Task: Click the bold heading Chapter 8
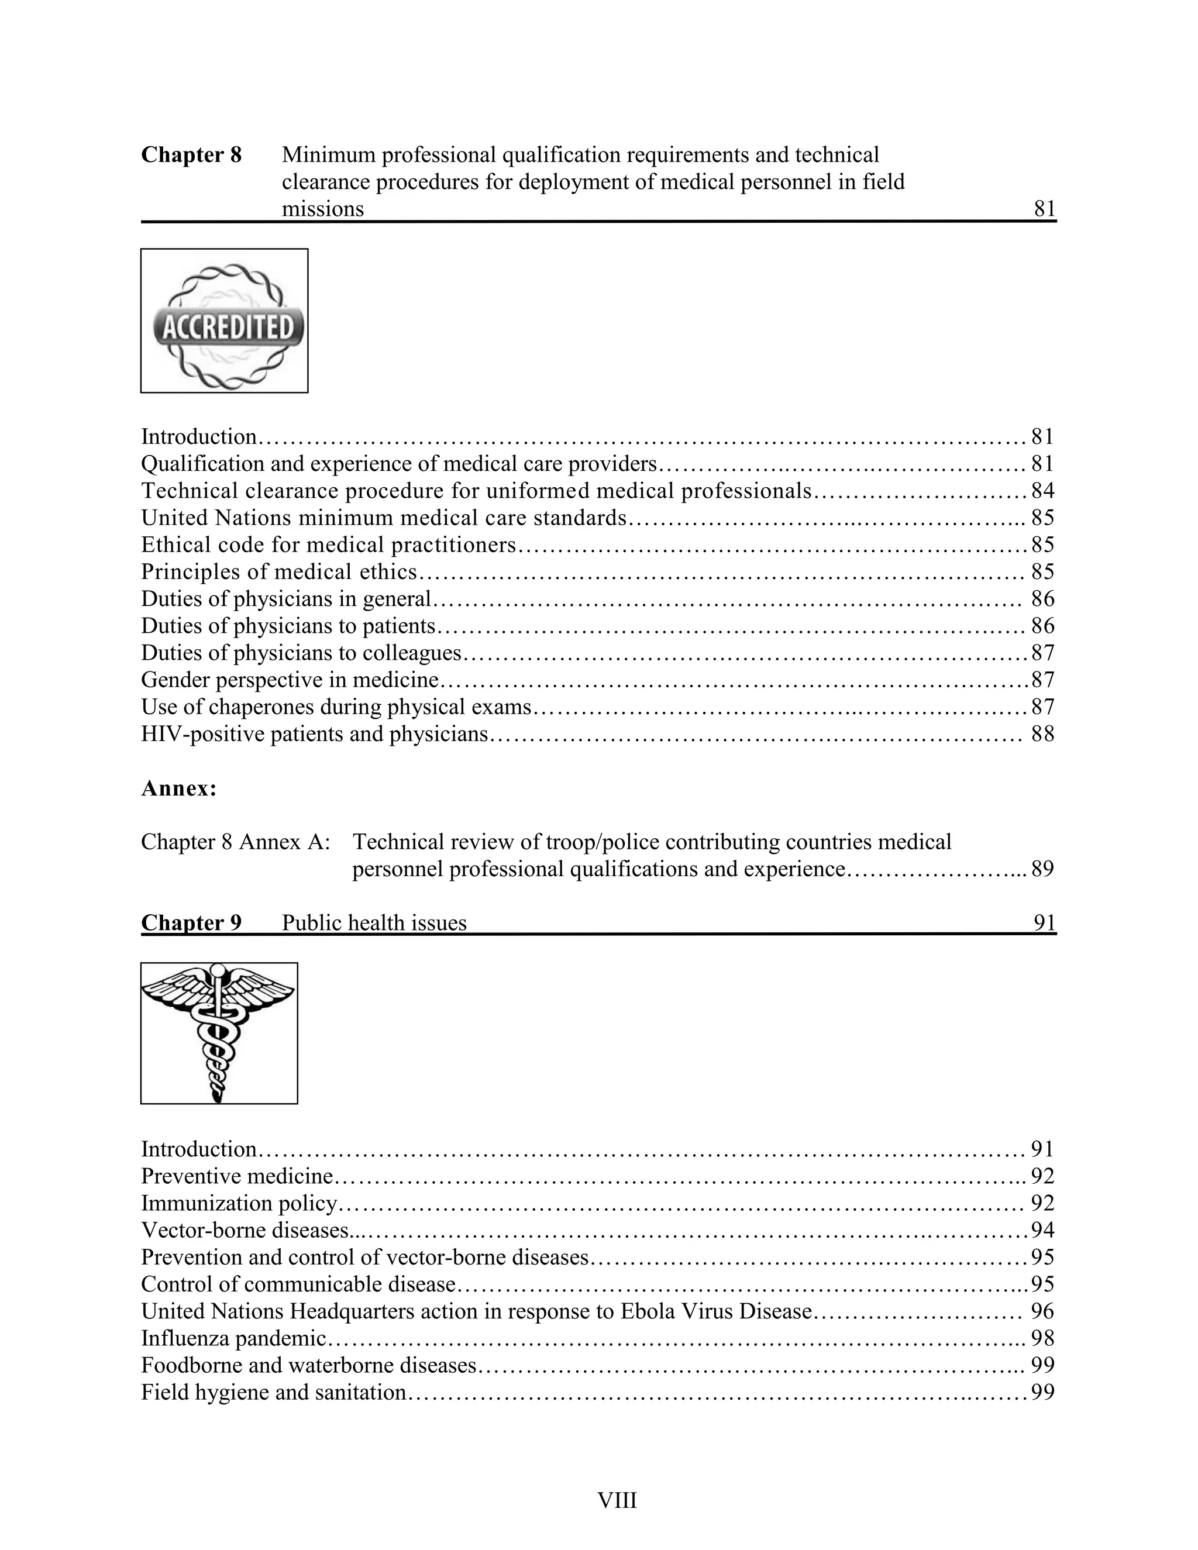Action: tap(191, 155)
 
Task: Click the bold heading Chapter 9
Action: tap(191, 922)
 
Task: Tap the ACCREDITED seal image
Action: tap(224, 321)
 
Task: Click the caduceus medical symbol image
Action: tap(219, 1034)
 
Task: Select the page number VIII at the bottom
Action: tap(617, 1500)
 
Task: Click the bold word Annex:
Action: tap(179, 788)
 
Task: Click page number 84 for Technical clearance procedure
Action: tap(1042, 490)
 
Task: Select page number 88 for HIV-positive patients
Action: tap(1042, 734)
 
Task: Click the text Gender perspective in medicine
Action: tap(290, 680)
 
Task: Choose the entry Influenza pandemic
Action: tap(233, 1338)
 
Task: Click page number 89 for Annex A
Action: tap(1042, 869)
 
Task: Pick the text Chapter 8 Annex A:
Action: tap(236, 842)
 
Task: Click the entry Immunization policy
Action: tap(239, 1203)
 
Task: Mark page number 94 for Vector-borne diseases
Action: tap(1042, 1230)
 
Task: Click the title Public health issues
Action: tap(374, 922)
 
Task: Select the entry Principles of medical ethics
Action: tap(279, 571)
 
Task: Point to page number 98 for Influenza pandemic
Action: tap(1042, 1338)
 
